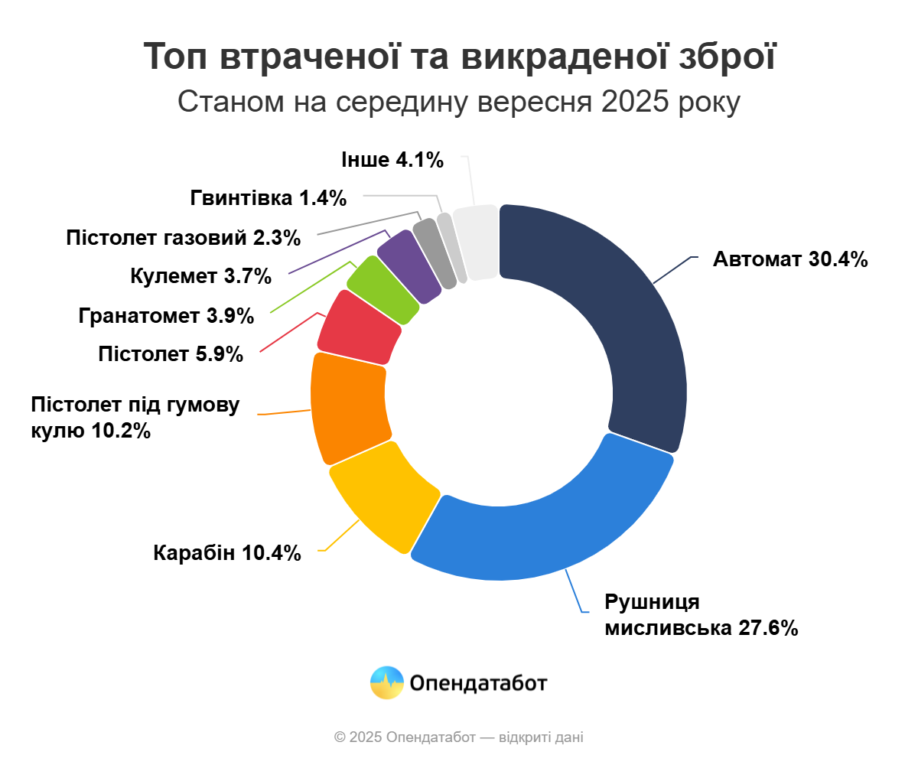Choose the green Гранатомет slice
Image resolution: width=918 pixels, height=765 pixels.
point(383,290)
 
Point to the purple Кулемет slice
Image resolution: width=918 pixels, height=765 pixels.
point(410,265)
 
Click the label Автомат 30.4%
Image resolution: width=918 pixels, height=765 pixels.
point(790,259)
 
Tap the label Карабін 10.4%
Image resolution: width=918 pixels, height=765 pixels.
point(227,552)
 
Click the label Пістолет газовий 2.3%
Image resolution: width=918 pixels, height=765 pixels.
point(184,237)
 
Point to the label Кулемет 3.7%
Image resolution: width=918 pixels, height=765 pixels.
point(201,276)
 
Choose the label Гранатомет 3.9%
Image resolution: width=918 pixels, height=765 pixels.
point(166,315)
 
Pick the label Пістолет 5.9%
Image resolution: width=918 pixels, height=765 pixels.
point(171,354)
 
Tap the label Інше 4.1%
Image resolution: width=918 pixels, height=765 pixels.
point(392,160)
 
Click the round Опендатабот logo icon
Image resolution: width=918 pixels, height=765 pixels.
point(386,682)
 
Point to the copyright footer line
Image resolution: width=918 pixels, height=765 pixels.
point(459,737)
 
